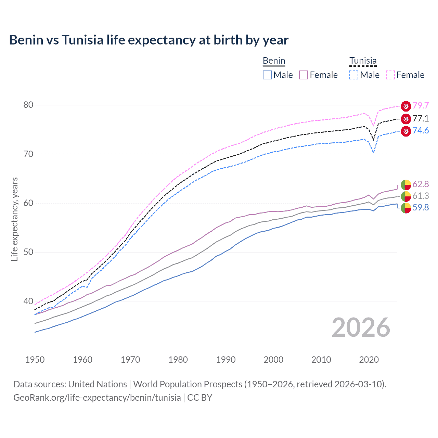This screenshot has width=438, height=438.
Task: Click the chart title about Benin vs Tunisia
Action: pyautogui.click(x=149, y=40)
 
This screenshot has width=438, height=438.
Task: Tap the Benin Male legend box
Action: pyautogui.click(x=267, y=75)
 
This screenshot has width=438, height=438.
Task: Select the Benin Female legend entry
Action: pyautogui.click(x=318, y=75)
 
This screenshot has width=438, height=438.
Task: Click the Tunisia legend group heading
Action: pyautogui.click(x=363, y=61)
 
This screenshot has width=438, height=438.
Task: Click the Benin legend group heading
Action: pyautogui.click(x=274, y=61)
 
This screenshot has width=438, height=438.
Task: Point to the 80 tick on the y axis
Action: pyautogui.click(x=28, y=105)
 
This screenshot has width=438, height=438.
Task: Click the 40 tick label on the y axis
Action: pyautogui.click(x=28, y=301)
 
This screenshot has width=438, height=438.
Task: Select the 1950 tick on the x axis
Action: pyautogui.click(x=35, y=360)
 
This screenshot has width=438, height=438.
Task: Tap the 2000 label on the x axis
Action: pyautogui.click(x=273, y=360)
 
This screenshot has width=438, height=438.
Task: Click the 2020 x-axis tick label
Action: pyautogui.click(x=369, y=360)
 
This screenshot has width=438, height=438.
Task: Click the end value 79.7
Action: pyautogui.click(x=421, y=106)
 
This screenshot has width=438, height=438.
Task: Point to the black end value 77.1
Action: pyautogui.click(x=421, y=119)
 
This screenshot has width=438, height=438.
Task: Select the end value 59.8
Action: pyautogui.click(x=421, y=208)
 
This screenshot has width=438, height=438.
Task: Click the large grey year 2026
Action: pyautogui.click(x=361, y=328)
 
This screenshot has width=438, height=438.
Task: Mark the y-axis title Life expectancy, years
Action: pyautogui.click(x=14, y=219)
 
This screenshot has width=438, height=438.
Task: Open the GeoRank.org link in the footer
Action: pyautogui.click(x=97, y=398)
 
